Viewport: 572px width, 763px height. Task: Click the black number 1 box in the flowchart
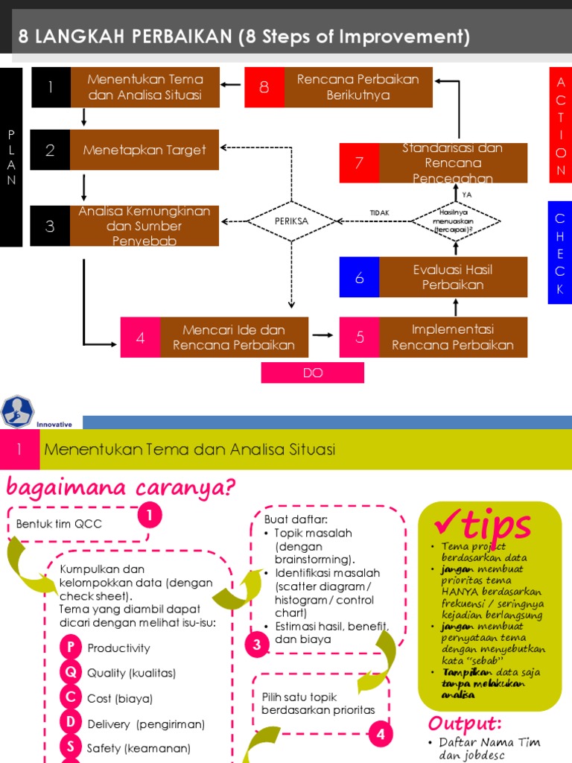point(51,87)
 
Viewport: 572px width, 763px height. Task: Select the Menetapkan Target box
point(144,150)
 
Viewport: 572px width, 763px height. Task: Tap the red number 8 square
point(264,87)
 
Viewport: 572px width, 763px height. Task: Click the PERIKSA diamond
point(291,221)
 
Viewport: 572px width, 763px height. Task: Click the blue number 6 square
point(359,277)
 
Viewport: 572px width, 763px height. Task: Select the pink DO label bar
point(313,373)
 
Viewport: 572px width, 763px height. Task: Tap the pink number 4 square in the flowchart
point(140,338)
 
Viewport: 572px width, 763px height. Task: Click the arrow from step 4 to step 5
point(322,336)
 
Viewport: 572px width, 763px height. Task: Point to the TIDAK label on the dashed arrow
point(380,213)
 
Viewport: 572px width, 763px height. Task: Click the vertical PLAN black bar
point(11,156)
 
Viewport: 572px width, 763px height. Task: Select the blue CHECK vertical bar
point(559,252)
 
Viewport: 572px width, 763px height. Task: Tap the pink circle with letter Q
point(71,672)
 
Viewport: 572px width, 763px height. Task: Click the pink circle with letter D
point(71,723)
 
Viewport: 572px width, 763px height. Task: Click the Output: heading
point(465,724)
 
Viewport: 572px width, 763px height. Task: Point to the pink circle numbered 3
point(257,645)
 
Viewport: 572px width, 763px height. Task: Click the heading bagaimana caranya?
point(121,487)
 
